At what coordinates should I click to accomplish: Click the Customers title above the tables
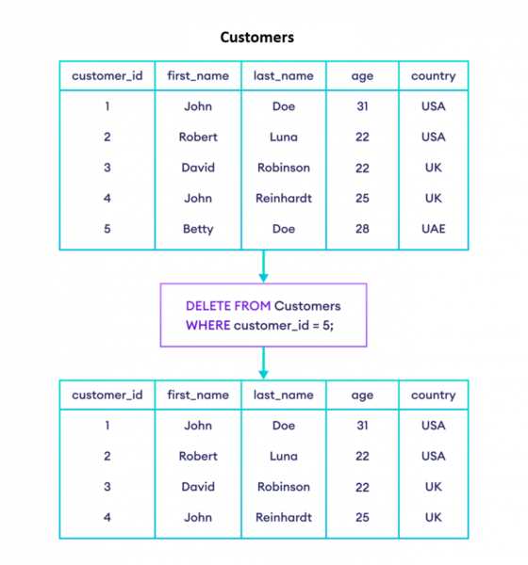(x=257, y=38)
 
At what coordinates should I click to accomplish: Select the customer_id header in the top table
(x=107, y=76)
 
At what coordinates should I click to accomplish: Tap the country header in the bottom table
(x=434, y=395)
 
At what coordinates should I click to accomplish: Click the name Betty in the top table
(x=198, y=229)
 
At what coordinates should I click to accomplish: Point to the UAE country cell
(x=434, y=229)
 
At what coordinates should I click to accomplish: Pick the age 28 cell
(x=362, y=229)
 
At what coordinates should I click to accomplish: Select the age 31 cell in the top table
(x=362, y=106)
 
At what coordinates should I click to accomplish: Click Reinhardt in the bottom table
(x=284, y=517)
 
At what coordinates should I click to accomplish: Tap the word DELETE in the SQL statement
(x=207, y=306)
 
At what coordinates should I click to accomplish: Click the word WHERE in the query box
(x=207, y=326)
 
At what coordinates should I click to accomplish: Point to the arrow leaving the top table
(x=263, y=266)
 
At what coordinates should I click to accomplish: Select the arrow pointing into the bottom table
(x=263, y=363)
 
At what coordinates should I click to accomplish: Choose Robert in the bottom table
(x=198, y=456)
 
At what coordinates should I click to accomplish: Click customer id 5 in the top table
(x=107, y=229)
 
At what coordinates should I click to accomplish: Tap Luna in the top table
(x=284, y=137)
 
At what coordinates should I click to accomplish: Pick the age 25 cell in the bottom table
(x=362, y=517)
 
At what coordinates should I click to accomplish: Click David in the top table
(x=198, y=168)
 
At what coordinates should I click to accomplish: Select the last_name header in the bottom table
(x=283, y=395)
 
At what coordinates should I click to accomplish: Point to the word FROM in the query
(x=253, y=306)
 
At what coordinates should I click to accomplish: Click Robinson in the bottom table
(x=284, y=487)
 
